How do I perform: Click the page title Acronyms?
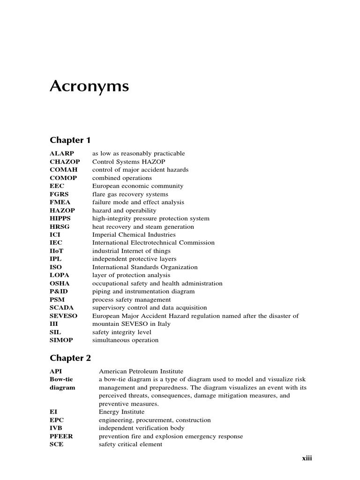click(x=89, y=87)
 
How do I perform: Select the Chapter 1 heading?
click(x=70, y=140)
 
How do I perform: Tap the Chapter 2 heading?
click(x=70, y=358)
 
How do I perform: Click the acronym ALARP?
click(x=62, y=153)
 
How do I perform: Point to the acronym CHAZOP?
click(x=64, y=162)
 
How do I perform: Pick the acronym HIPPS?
click(x=60, y=218)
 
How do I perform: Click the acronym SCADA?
click(x=62, y=308)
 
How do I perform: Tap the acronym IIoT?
click(x=57, y=251)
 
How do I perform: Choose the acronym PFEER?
click(x=61, y=436)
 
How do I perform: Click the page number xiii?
click(x=307, y=458)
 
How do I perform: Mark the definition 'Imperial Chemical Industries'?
click(x=134, y=235)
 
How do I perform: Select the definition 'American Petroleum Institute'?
click(x=141, y=371)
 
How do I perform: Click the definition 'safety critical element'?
click(x=130, y=444)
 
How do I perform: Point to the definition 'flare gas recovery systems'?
click(x=130, y=194)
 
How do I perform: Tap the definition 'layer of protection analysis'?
click(x=131, y=275)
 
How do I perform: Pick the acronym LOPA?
click(x=60, y=275)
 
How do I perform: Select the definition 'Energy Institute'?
click(x=121, y=412)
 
